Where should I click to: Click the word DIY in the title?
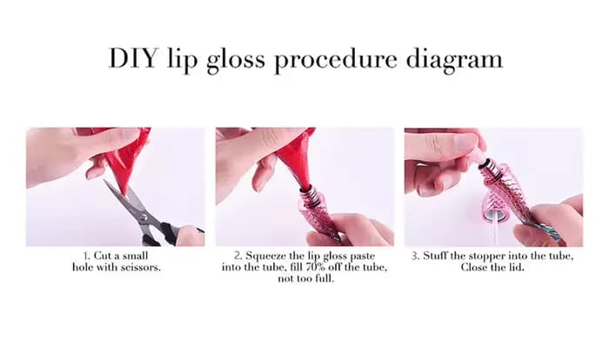pyautogui.click(x=133, y=58)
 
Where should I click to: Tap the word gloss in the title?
pyautogui.click(x=236, y=61)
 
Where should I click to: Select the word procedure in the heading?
pyautogui.click(x=336, y=61)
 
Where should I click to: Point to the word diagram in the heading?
pyautogui.click(x=454, y=61)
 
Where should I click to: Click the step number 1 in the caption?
pyautogui.click(x=86, y=256)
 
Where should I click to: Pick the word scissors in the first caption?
pyautogui.click(x=140, y=267)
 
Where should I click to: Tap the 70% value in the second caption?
pyautogui.click(x=315, y=267)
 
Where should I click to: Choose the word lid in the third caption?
pyautogui.click(x=517, y=267)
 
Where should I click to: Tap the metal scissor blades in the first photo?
pyautogui.click(x=128, y=202)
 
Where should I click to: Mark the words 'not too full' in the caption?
pyautogui.click(x=305, y=278)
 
